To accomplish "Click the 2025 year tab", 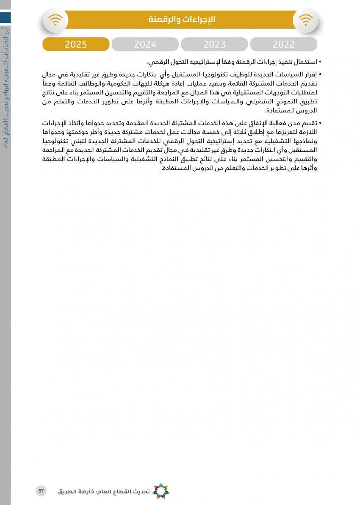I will [76, 44].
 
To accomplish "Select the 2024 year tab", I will [145, 44].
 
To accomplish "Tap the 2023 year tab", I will [214, 44].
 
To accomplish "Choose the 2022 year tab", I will [283, 44].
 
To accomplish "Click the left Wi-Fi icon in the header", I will [55, 20].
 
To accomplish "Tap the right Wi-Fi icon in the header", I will [305, 20].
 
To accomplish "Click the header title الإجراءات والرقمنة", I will [182, 19].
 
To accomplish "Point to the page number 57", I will [41, 491].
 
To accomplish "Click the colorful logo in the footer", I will [161, 491].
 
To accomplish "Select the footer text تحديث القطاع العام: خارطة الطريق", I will [104, 491].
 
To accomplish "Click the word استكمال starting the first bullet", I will [305, 62].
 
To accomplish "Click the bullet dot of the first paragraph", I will [320, 62].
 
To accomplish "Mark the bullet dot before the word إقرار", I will [320, 75].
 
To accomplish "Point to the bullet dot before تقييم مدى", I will [320, 123].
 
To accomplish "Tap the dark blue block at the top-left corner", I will [5, 17].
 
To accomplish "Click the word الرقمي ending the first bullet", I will [156, 62].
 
